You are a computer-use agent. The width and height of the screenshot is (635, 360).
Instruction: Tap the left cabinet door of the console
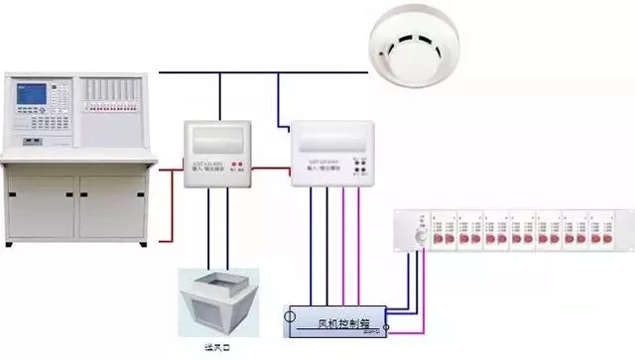pos(41,205)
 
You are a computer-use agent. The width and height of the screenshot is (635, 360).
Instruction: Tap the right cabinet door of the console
pos(114,205)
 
